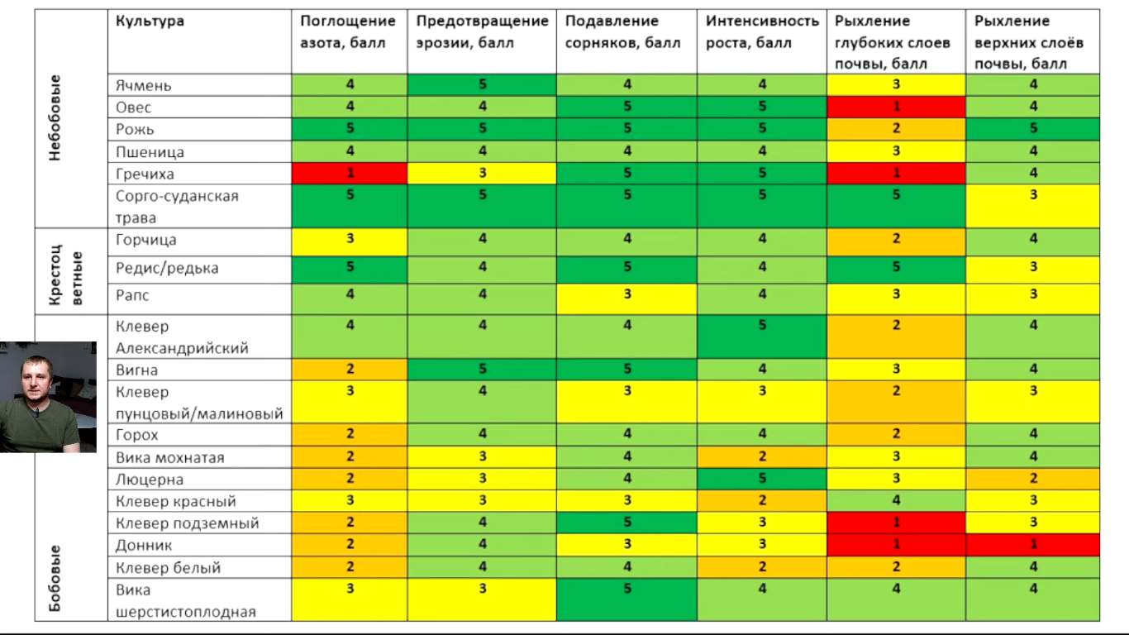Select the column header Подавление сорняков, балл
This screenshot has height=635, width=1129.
(622, 32)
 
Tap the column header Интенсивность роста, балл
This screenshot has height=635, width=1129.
(762, 32)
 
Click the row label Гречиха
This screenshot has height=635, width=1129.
(145, 174)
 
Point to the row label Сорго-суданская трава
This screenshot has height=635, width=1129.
(177, 207)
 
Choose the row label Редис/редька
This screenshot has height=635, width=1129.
(157, 269)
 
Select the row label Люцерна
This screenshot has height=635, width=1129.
(150, 480)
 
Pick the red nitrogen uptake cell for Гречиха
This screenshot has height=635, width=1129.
(350, 173)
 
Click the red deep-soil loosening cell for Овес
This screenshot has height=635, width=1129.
(896, 107)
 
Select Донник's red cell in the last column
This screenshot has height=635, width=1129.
(1032, 545)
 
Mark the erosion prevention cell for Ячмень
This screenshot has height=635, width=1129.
(482, 84)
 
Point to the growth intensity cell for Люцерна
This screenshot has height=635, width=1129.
(761, 479)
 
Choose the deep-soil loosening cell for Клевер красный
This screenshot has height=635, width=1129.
(896, 501)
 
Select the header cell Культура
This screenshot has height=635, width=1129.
(150, 21)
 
